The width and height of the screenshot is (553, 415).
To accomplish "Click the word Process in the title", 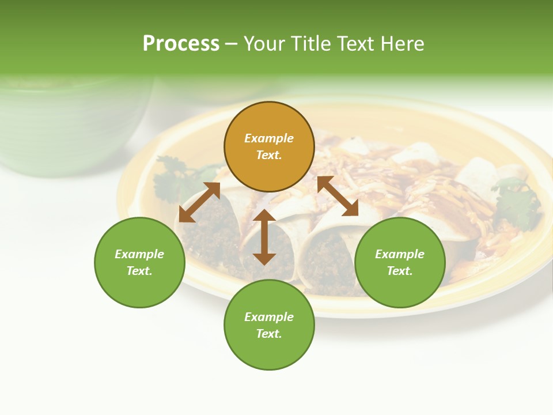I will [181, 43].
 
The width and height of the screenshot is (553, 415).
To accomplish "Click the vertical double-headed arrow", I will [264, 237].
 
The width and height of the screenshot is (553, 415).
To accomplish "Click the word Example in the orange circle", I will [269, 138].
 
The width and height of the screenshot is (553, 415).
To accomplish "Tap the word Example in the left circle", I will [139, 254].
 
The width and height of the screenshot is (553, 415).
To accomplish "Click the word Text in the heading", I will [357, 43].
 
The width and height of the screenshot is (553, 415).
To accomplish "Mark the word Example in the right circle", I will [400, 254].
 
